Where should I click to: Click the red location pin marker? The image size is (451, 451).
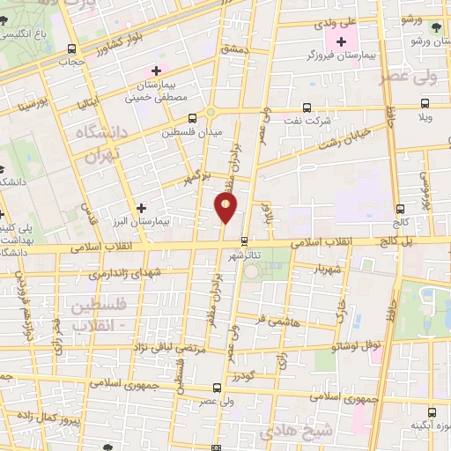point(225,208)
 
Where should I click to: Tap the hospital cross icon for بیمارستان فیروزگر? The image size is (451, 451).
point(341,41)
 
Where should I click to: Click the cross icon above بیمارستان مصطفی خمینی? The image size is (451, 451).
point(157,70)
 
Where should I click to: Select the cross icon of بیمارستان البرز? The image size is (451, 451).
point(141,208)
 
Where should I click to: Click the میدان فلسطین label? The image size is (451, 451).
point(192,133)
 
